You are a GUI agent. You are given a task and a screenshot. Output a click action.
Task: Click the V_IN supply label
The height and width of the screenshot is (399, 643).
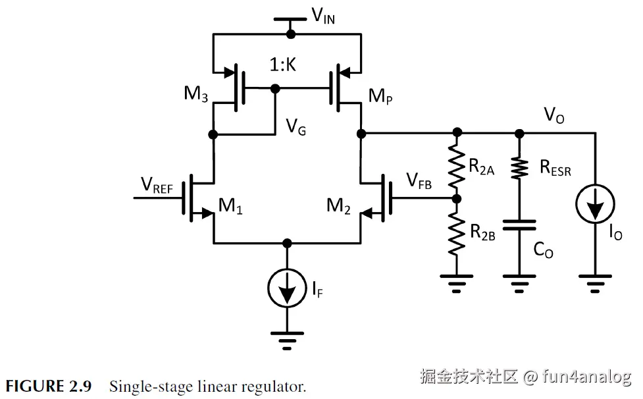point(322,16)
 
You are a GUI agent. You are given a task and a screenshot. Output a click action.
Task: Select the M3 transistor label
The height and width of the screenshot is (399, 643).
point(196,93)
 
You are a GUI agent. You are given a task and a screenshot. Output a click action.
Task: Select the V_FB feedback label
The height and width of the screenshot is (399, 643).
point(419,182)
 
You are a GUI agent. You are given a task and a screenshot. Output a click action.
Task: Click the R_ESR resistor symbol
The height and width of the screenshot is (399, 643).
point(519,168)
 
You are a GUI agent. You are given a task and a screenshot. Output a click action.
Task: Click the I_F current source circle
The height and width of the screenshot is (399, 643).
point(286,286)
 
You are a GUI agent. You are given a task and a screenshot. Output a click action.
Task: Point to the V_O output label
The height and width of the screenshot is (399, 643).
point(553,117)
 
